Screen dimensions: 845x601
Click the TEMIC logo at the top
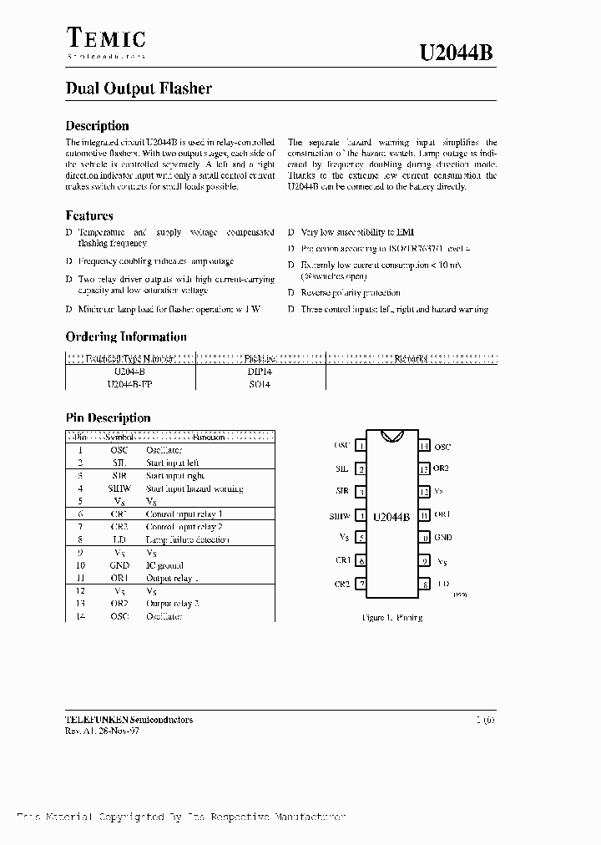pos(105,38)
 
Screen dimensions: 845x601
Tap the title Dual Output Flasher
pos(139,89)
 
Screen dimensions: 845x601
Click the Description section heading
pos(97,126)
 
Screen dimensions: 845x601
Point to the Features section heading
pos(89,215)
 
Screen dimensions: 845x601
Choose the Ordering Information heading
pos(126,337)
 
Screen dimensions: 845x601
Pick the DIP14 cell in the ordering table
pos(260,371)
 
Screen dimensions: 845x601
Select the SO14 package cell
pos(260,385)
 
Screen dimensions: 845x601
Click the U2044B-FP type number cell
pos(130,385)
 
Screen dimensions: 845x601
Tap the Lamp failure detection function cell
pos(187,540)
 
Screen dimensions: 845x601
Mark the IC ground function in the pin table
pos(165,565)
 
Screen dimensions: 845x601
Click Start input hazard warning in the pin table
pos(194,488)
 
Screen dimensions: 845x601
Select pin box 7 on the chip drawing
pos(361,584)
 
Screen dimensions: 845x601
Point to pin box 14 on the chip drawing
pos(425,446)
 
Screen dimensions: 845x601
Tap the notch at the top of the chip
pos(391,436)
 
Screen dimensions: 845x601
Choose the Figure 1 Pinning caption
pos(391,618)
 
